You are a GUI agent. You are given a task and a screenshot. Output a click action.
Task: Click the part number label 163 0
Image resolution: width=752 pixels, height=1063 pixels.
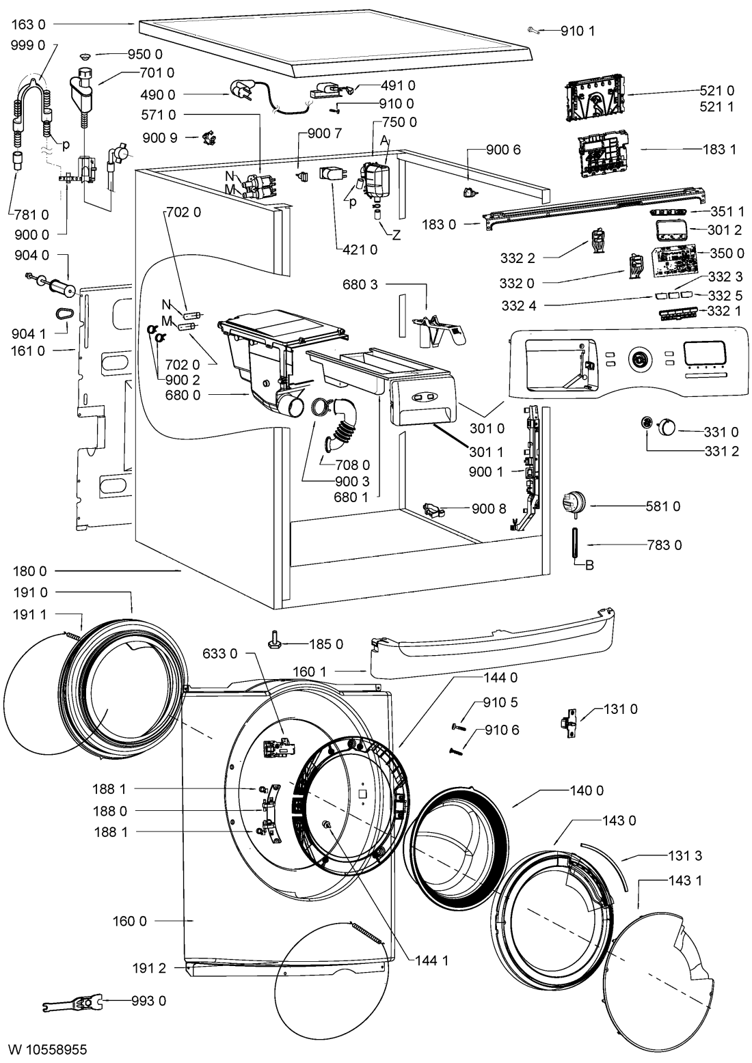coord(29,24)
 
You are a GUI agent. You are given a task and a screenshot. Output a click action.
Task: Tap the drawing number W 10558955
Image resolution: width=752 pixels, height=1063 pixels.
coord(47,1049)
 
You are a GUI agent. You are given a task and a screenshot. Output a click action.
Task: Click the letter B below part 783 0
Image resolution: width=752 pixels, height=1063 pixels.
coord(589,565)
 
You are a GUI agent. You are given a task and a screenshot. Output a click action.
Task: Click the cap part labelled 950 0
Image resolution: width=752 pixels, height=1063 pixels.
coord(86,55)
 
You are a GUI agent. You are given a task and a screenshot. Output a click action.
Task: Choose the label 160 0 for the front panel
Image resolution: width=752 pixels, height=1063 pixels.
coord(130,921)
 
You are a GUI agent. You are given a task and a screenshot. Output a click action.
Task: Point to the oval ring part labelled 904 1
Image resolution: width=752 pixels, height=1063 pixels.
coord(64,314)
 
